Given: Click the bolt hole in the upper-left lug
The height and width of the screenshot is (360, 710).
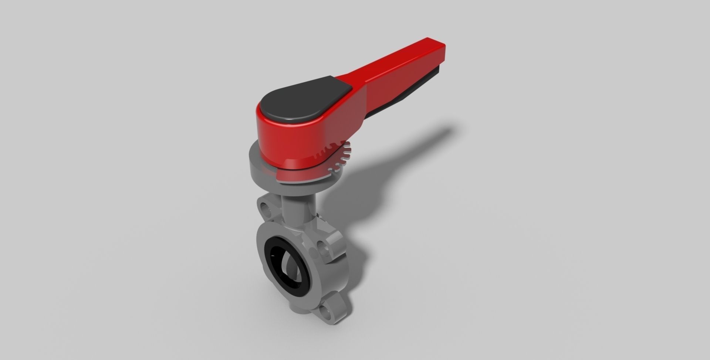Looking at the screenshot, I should click(265, 207).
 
